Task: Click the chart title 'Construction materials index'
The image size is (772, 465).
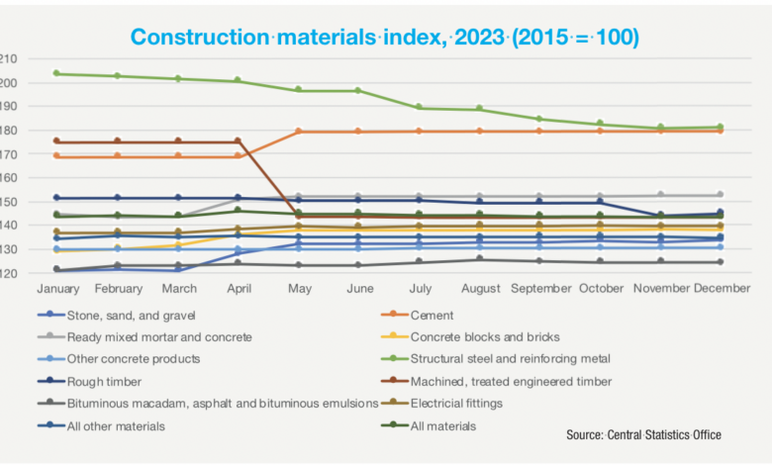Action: (x=385, y=38)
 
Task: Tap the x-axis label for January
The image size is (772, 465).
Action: (x=56, y=288)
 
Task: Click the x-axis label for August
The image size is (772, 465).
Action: (x=479, y=288)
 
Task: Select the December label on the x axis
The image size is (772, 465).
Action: (x=721, y=288)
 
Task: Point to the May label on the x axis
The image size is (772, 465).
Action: (x=298, y=288)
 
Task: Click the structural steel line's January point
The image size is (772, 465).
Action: (x=56, y=73)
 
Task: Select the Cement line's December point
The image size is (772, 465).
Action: (x=721, y=131)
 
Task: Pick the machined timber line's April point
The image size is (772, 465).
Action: (x=238, y=141)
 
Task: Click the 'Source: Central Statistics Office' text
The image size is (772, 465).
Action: (x=643, y=434)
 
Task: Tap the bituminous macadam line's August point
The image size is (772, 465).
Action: (x=479, y=259)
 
